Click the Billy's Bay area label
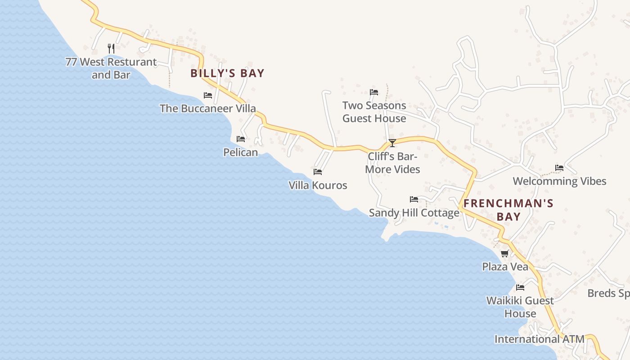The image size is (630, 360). pyautogui.click(x=227, y=73)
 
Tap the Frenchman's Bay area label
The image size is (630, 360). pyautogui.click(x=508, y=210)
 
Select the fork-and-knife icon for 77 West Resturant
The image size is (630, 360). pyautogui.click(x=111, y=48)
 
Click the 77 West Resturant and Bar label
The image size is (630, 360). pyautogui.click(x=111, y=68)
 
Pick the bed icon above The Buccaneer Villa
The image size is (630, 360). pyautogui.click(x=208, y=95)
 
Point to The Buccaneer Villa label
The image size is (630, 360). pyautogui.click(x=208, y=108)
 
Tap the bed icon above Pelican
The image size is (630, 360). pyautogui.click(x=241, y=139)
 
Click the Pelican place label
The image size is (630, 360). pyautogui.click(x=241, y=153)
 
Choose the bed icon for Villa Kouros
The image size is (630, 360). pyautogui.click(x=318, y=172)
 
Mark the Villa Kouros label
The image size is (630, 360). pyautogui.click(x=318, y=185)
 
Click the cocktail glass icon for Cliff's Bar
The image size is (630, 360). pyautogui.click(x=392, y=143)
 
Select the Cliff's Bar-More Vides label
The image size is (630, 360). pyautogui.click(x=392, y=163)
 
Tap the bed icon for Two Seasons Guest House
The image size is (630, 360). pyautogui.click(x=374, y=92)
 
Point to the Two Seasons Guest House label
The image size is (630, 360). pyautogui.click(x=374, y=112)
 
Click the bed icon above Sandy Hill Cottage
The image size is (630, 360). pyautogui.click(x=414, y=199)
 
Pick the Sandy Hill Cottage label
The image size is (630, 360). pyautogui.click(x=414, y=213)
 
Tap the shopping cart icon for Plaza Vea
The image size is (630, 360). pyautogui.click(x=505, y=254)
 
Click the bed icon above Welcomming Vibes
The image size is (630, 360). pyautogui.click(x=559, y=168)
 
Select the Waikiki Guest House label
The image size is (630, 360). pyautogui.click(x=520, y=307)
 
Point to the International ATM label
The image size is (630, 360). pyautogui.click(x=539, y=339)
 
